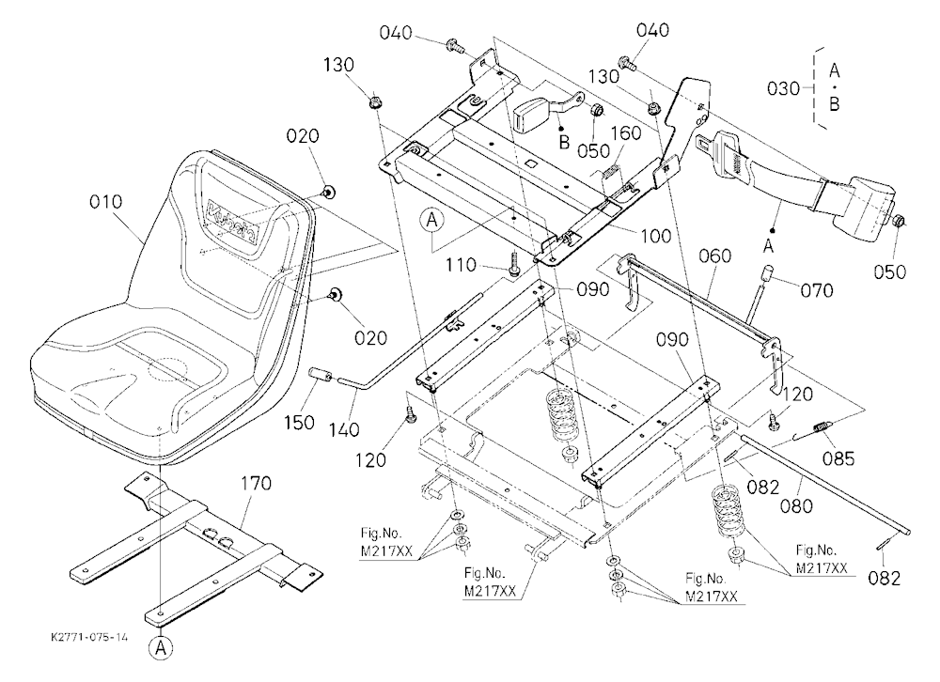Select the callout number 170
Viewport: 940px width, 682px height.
pos(256,483)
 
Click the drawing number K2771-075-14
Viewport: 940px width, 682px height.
pos(89,637)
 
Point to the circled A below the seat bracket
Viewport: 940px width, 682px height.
pos(161,648)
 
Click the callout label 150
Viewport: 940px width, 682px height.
pos(299,422)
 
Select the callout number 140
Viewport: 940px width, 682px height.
pos(344,429)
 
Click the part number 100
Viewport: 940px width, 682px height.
pos(656,236)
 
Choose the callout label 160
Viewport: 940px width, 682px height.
pos(626,133)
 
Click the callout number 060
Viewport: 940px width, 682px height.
pos(715,256)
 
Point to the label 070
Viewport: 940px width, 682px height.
pos(817,290)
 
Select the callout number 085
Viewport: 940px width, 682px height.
pos(838,458)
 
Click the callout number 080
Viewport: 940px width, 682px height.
pos(797,505)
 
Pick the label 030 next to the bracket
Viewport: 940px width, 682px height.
pos(784,88)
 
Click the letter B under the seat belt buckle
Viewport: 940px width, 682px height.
pos(563,143)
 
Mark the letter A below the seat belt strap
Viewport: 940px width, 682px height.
pos(769,246)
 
